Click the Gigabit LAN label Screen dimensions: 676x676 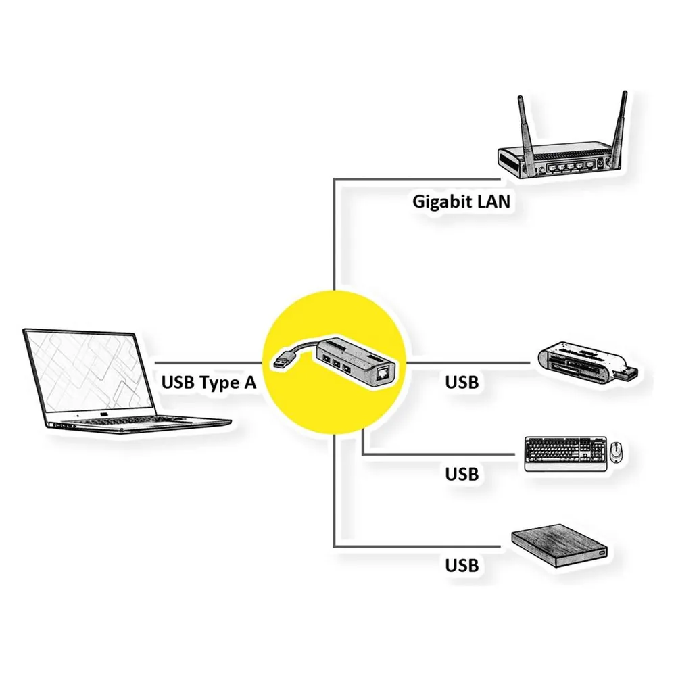pos(461,201)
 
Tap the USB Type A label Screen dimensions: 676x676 pos(209,383)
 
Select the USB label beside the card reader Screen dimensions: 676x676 pos(462,383)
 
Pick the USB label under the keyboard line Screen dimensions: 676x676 pos(462,475)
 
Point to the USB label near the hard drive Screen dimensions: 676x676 pos(462,566)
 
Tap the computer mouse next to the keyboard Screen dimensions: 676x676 pos(617,452)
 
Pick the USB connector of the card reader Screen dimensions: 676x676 pos(625,372)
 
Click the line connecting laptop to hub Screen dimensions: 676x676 pos(209,363)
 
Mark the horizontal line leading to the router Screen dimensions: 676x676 pos(416,179)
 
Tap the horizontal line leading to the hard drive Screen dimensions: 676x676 pos(417,547)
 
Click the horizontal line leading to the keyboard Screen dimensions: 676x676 pos(439,454)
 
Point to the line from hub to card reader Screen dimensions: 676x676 pos(468,363)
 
